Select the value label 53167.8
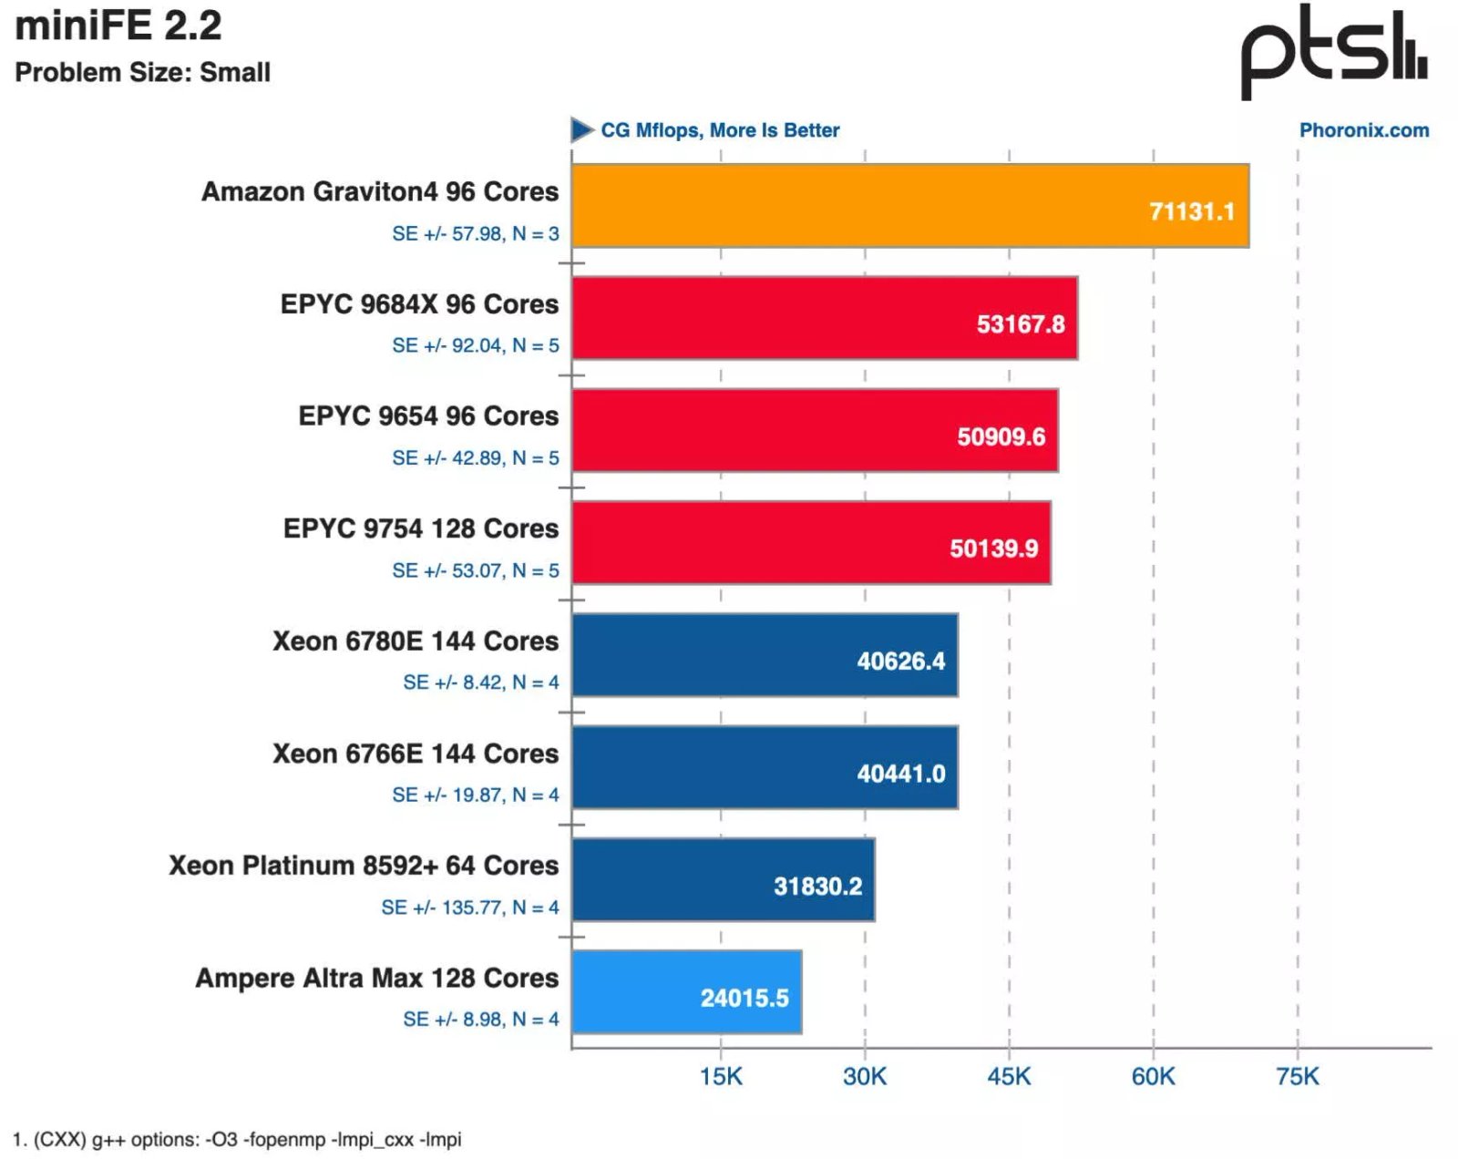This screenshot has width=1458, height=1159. pos(1020,324)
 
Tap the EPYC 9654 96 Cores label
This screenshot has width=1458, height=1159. pos(428,416)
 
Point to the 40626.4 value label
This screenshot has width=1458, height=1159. pos(900,661)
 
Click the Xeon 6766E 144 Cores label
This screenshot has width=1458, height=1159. pos(416,754)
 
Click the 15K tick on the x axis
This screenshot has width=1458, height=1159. pos(721,1076)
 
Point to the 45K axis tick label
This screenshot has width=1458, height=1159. pos(1009,1076)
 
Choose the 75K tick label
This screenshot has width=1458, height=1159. pos(1297,1076)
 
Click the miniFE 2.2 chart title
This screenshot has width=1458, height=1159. pos(118,26)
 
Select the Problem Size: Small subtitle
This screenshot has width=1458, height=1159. pos(143,72)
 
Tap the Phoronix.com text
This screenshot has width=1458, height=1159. pos(1363,130)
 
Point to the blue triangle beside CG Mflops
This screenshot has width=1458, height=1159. pos(581,130)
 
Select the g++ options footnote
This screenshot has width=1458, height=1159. pos(237,1139)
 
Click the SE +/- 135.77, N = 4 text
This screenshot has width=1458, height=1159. pos(470,908)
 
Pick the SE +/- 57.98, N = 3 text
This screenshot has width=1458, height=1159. pos(476,234)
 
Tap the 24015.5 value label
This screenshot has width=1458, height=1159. pos(744,998)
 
